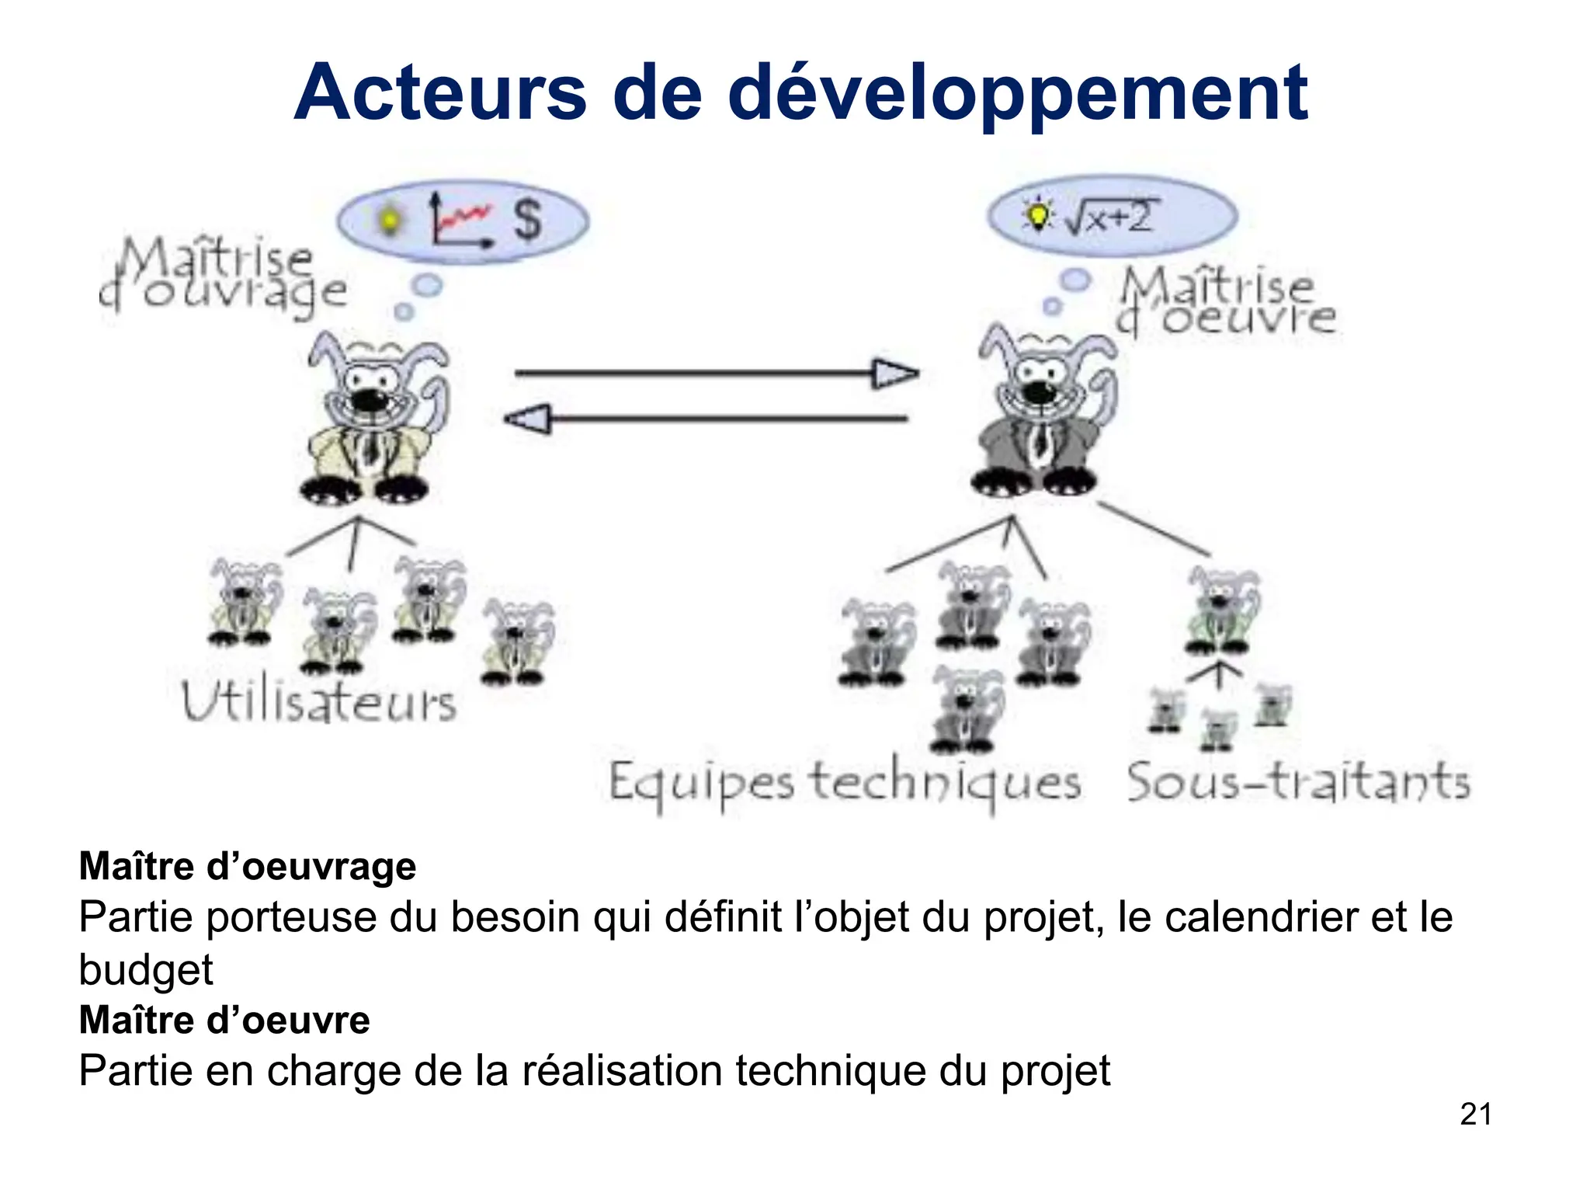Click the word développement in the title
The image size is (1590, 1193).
[1019, 95]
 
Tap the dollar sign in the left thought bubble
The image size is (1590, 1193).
[528, 220]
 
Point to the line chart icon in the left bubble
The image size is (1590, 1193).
[460, 221]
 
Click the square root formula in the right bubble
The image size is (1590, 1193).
[1110, 216]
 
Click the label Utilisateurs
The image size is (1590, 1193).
[318, 701]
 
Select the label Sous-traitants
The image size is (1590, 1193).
[1298, 781]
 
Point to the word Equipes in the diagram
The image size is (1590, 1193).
[700, 783]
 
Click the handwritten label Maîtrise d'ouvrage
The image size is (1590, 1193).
[223, 276]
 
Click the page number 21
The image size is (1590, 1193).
[1475, 1114]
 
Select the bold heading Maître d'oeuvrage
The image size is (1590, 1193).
[248, 866]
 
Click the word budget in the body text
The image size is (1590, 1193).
[146, 969]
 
